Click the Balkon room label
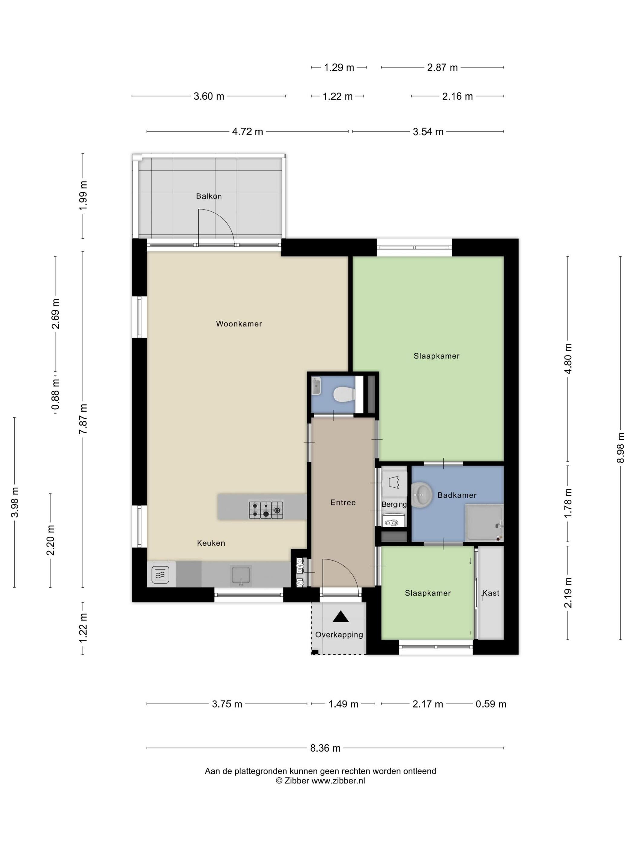(209, 196)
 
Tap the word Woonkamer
(239, 324)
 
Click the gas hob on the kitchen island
(266, 510)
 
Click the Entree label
(343, 502)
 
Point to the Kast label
(491, 593)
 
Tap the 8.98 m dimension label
(620, 448)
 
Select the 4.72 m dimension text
(248, 131)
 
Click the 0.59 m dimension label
(491, 704)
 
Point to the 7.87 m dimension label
(83, 419)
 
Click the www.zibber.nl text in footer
(338, 781)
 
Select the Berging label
(394, 505)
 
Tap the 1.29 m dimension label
(339, 68)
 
